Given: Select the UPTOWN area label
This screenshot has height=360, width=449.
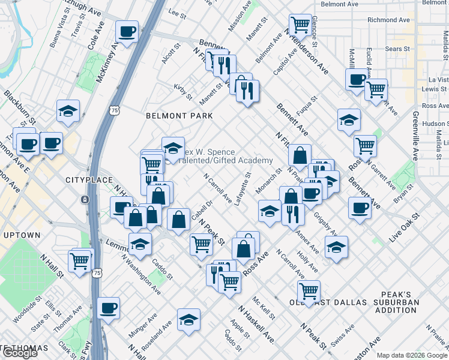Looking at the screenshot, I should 20,235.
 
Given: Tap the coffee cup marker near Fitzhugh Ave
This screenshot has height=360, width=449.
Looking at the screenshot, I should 127,31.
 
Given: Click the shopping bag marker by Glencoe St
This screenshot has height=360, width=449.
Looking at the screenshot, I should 300,25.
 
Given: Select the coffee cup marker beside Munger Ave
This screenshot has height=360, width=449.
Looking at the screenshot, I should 109,308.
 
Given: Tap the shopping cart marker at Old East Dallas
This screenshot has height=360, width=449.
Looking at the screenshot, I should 309,292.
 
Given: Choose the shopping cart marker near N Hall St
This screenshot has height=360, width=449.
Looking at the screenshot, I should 80,260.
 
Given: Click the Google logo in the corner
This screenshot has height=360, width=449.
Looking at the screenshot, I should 20,353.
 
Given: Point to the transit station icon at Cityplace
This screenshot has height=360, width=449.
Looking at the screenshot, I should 86,199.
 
